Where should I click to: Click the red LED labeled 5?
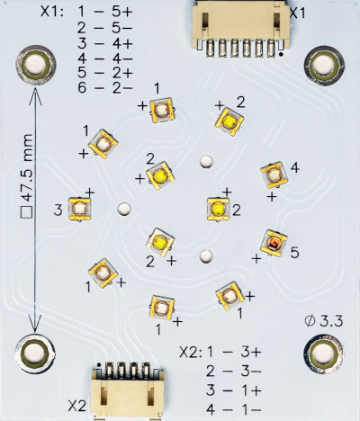[274, 243]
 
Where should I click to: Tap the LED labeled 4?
[274, 175]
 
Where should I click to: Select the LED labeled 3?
[79, 209]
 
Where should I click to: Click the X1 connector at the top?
[241, 28]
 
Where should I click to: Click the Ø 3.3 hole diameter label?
[323, 321]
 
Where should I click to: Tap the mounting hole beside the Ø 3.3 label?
[323, 354]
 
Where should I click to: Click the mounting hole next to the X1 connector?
[324, 66]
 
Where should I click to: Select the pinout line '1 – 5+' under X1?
[105, 13]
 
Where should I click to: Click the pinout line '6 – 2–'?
[105, 88]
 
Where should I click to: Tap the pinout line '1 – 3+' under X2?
[233, 353]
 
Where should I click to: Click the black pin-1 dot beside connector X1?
[281, 54]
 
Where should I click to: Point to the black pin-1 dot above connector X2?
[98, 365]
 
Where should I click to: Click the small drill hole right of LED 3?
[123, 209]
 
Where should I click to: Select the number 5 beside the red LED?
[294, 253]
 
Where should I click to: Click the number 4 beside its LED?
[295, 168]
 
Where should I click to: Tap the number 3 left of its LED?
[58, 210]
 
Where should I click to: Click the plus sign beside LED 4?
[272, 197]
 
